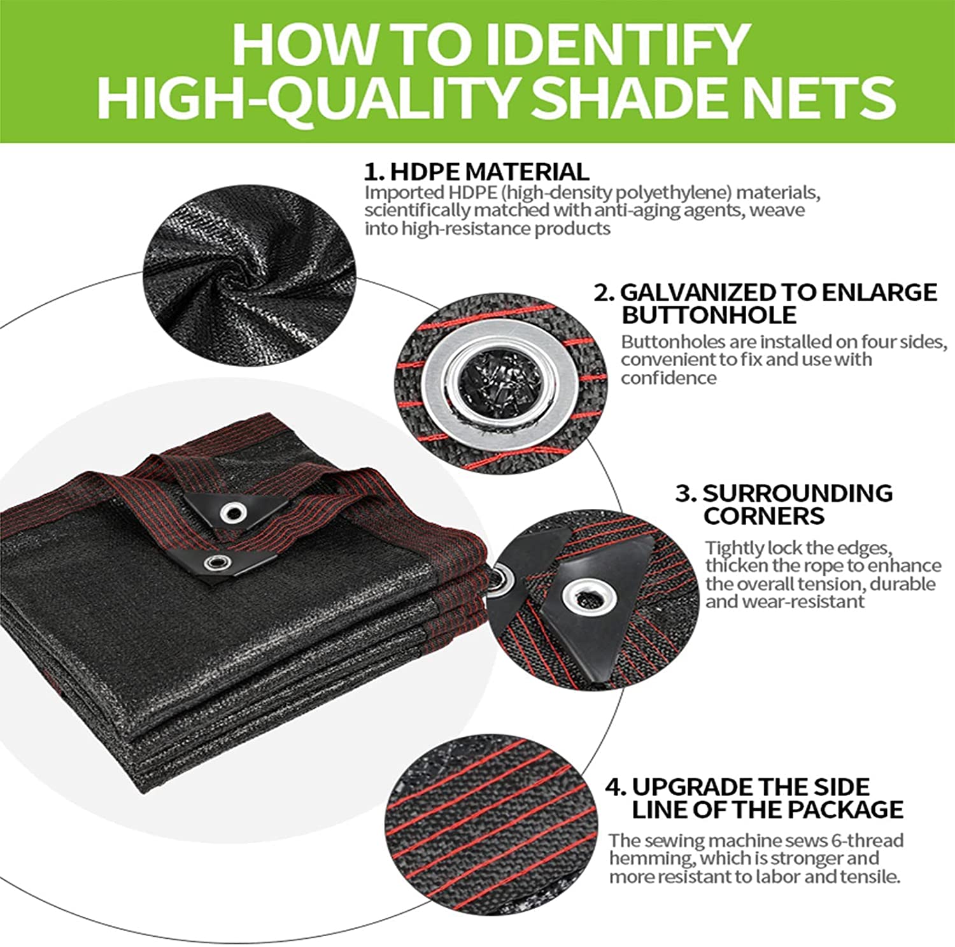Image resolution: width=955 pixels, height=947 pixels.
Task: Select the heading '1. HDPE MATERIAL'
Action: click(476, 172)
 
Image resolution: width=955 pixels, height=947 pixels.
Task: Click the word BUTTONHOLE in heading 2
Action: click(709, 315)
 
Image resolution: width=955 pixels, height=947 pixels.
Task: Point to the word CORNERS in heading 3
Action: click(763, 515)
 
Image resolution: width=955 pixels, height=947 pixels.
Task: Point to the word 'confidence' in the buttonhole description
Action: click(668, 378)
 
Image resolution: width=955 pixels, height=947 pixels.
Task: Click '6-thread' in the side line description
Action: click(867, 840)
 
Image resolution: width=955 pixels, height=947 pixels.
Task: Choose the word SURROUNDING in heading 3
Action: click(798, 493)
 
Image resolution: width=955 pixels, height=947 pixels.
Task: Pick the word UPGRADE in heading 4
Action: click(691, 787)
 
